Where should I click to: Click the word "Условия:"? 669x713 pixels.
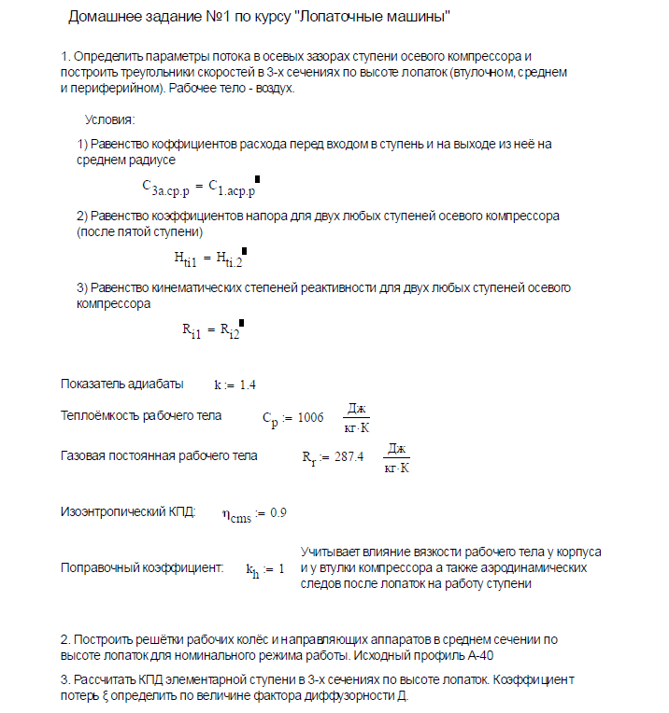109,120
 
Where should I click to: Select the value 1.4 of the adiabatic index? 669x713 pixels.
248,384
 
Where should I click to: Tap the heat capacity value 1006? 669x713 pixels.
311,417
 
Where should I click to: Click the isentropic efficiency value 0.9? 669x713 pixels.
278,513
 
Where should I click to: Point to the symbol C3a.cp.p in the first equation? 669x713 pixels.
166,187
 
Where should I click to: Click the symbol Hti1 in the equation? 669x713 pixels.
184,258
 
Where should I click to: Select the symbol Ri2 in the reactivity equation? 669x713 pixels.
229,331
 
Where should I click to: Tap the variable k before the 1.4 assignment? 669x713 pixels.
218,384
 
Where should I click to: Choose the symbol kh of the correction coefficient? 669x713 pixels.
251,568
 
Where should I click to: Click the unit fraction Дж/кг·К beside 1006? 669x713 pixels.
356,417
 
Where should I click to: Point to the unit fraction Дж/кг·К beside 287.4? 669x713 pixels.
397,457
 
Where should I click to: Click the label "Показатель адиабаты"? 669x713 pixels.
121,384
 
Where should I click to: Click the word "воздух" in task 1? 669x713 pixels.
274,89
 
